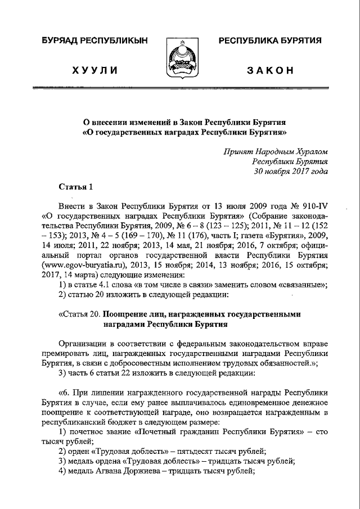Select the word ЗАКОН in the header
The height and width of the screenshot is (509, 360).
[271, 70]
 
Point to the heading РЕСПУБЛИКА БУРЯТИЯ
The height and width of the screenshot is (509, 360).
[270, 40]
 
